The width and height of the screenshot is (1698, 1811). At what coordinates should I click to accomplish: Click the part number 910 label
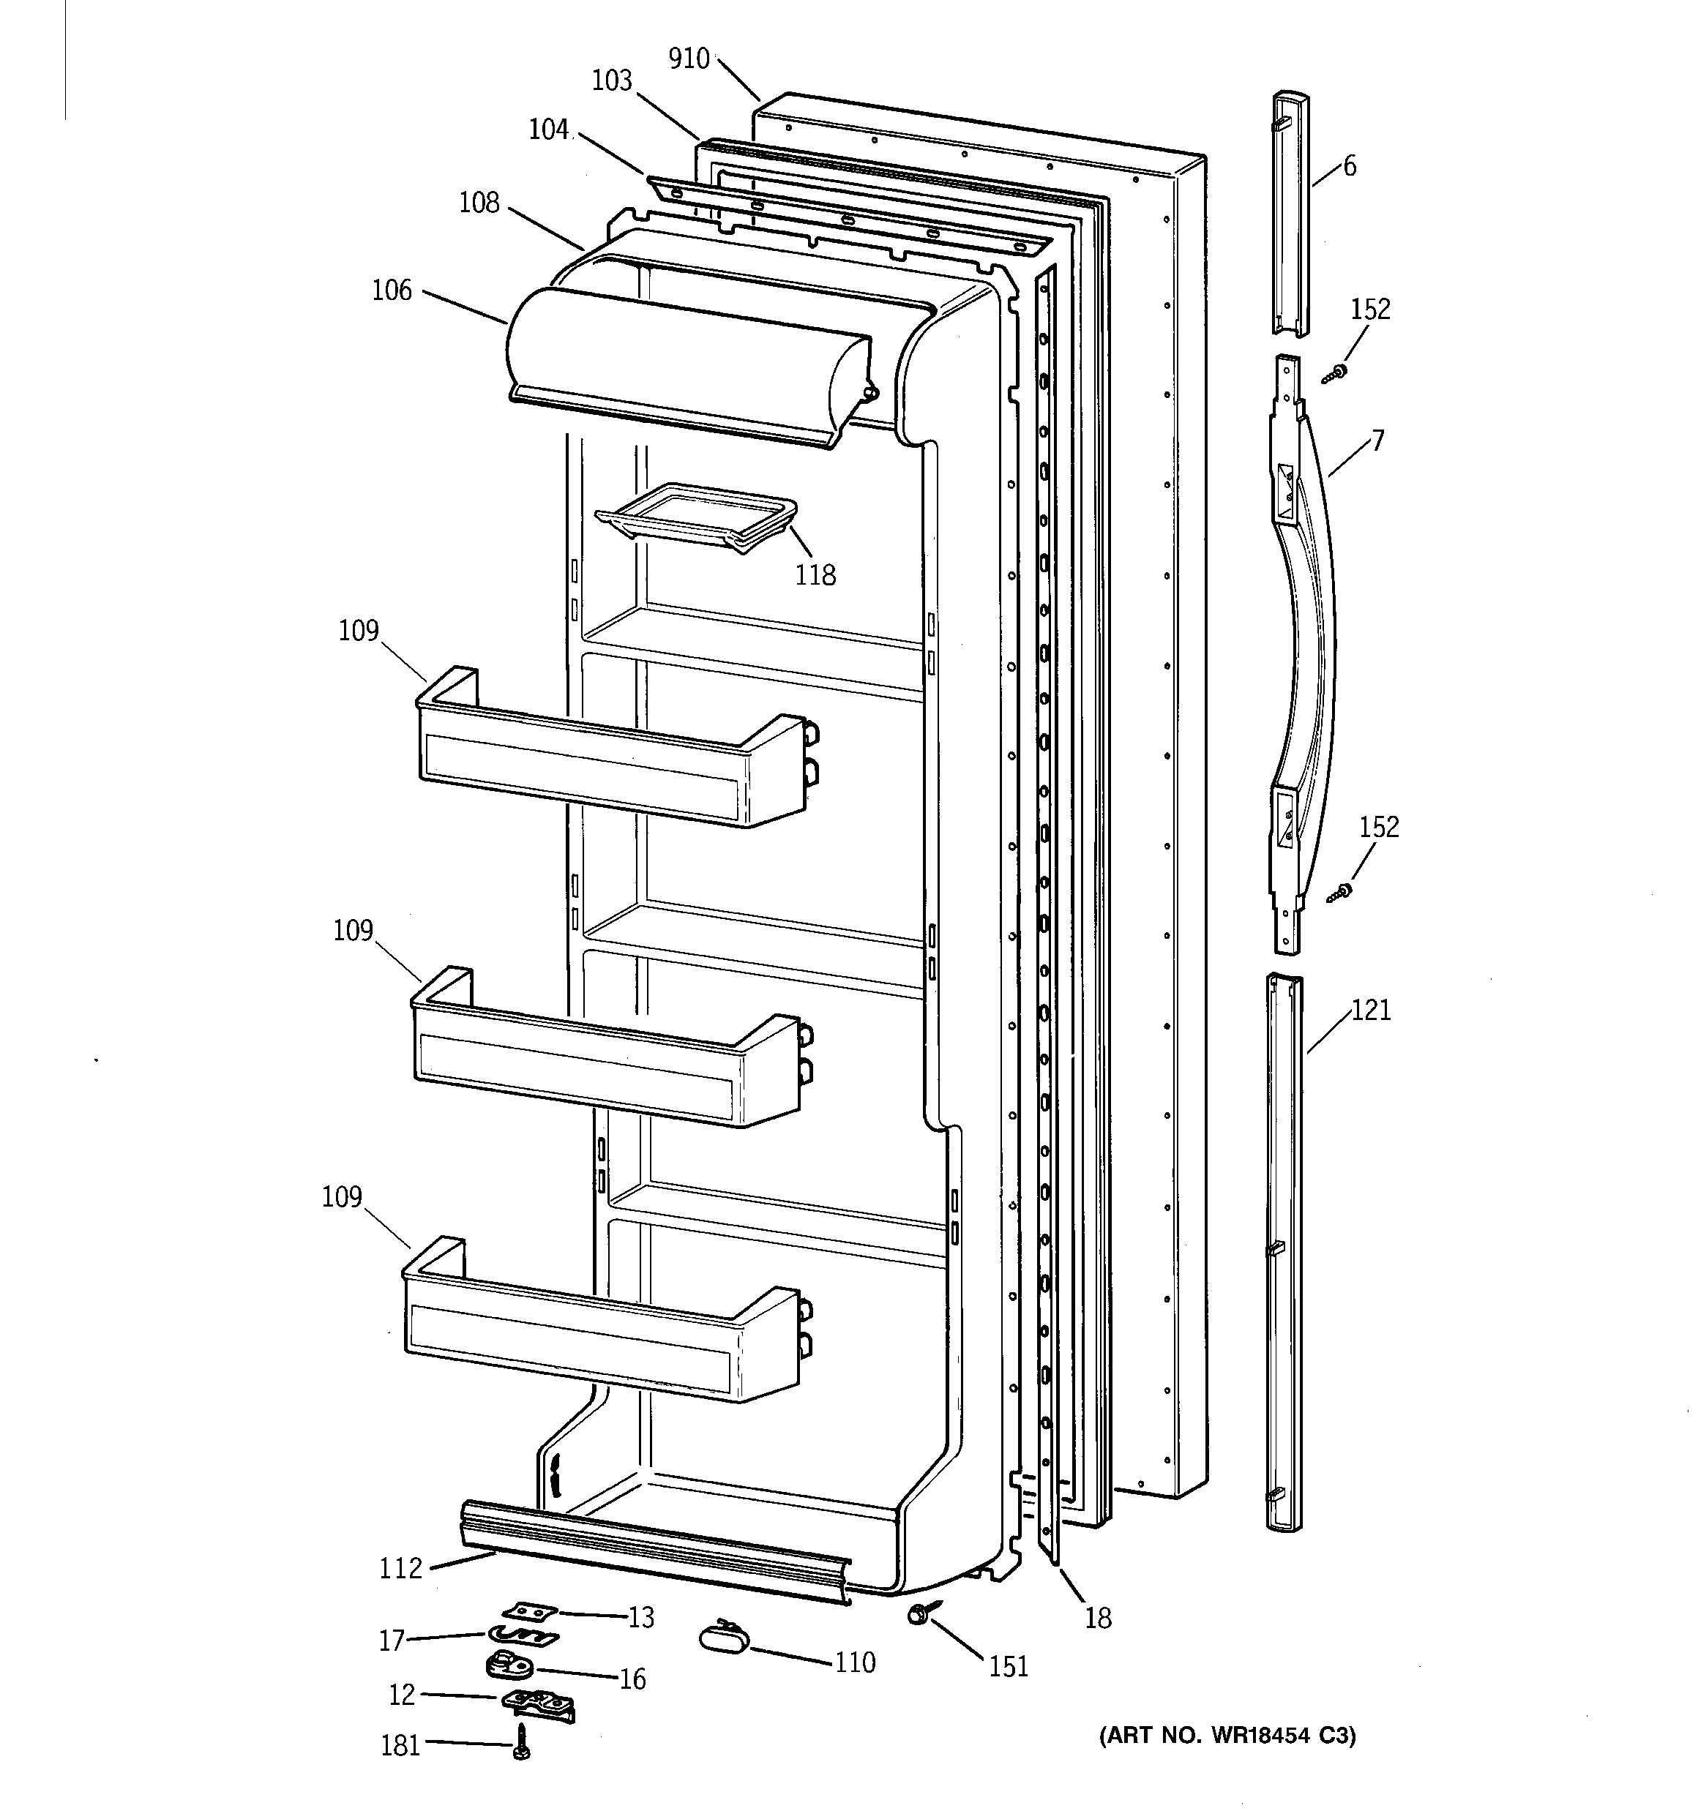[688, 59]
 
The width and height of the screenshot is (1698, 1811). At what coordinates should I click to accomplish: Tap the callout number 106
[392, 290]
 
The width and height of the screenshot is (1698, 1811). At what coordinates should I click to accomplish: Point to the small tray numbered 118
[696, 517]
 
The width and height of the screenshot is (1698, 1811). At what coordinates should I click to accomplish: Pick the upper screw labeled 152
[1335, 372]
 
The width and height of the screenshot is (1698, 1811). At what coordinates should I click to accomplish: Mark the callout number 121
[1371, 1011]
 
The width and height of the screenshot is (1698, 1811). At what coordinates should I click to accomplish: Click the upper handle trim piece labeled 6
[1290, 214]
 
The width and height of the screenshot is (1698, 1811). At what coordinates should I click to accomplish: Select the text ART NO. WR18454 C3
[1227, 1736]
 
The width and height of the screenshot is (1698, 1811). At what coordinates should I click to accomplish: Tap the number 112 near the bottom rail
[401, 1568]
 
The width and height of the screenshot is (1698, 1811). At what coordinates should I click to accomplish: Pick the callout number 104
[549, 130]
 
